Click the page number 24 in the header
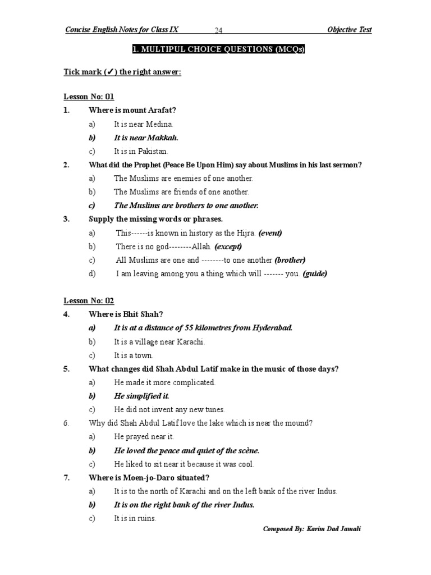pos(219,30)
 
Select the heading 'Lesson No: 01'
pos(89,97)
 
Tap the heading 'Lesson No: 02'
pos(89,301)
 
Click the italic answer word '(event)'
pos(270,232)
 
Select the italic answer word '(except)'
pos(228,246)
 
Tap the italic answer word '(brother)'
pos(290,260)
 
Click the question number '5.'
pos(66,369)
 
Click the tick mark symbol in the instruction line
pos(107,72)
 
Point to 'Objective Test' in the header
pos(349,30)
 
